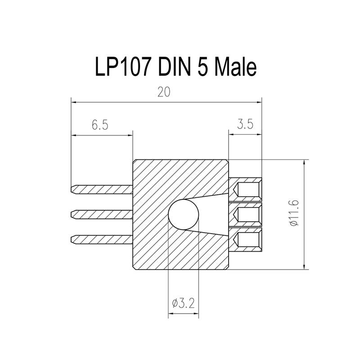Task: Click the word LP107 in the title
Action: [122, 67]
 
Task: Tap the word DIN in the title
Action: [175, 67]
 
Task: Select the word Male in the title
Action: [235, 67]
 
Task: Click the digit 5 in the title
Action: [202, 67]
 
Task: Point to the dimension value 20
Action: [164, 92]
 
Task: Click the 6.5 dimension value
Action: [100, 125]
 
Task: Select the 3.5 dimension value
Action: [245, 124]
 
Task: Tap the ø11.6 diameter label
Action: [295, 213]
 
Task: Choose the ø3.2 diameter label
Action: [184, 303]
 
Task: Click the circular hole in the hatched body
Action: [183, 215]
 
